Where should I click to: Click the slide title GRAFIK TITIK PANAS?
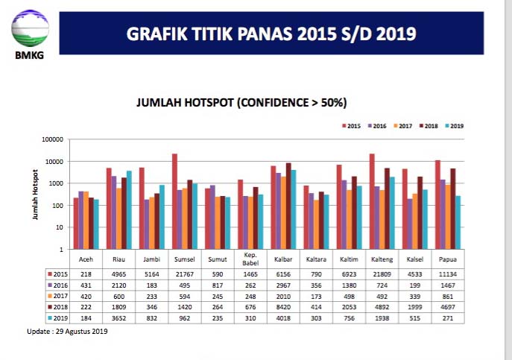pos(271,34)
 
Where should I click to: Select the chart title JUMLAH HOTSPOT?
pos(241,102)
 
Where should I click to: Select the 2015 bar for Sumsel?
pos(174,201)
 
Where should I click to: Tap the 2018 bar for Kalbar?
pos(288,206)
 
